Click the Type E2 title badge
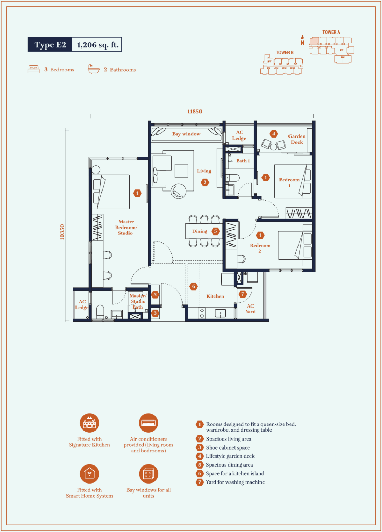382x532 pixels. coord(50,44)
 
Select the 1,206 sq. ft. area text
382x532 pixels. coord(98,45)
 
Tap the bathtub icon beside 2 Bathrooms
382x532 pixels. coord(94,69)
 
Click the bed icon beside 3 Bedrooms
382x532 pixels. coord(34,69)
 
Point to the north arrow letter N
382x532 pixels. coord(302,43)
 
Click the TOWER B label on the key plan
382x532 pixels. coord(285,53)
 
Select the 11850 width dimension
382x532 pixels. coord(195,112)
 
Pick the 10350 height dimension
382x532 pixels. coord(62,232)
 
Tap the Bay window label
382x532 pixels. coord(186,134)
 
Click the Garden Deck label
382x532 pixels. coord(297,139)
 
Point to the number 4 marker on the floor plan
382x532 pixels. coord(274,134)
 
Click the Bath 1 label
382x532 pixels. coord(243,161)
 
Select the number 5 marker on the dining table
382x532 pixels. coord(215,231)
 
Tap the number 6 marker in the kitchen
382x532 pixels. coord(194,286)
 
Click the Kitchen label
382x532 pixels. coord(215,296)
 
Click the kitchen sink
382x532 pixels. coord(220,313)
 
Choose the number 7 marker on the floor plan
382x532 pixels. coord(243,294)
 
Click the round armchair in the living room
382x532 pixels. coord(179,191)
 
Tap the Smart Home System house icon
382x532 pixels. coord(89,474)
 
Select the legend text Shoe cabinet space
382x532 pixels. coord(228,448)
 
